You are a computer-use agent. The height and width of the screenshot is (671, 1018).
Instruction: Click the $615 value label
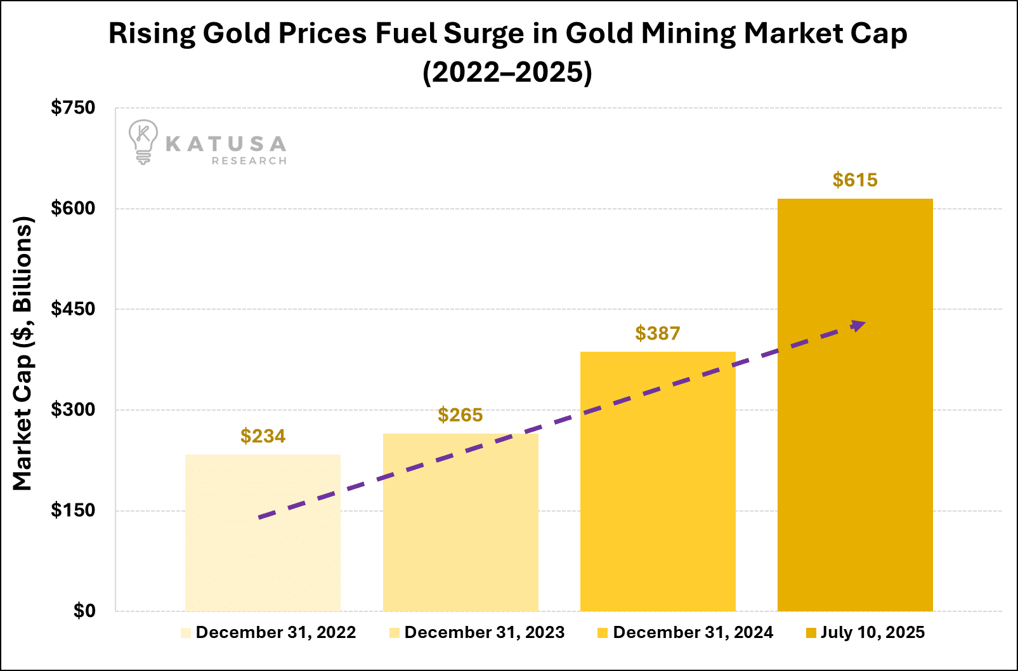point(855,180)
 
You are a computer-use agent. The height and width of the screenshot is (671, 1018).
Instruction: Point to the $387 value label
point(658,333)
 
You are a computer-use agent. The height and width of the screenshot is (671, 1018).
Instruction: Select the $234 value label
point(263,436)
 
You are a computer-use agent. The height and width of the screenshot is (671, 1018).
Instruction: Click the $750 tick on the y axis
point(73,108)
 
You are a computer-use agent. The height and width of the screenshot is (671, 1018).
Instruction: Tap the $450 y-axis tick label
point(73,309)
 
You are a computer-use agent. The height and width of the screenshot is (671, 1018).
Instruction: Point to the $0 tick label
point(84,611)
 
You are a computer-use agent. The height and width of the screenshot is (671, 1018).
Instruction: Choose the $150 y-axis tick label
point(73,510)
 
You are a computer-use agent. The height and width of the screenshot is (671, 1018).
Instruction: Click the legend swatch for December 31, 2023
point(395,633)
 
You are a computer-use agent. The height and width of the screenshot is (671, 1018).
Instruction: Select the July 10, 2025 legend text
point(873,632)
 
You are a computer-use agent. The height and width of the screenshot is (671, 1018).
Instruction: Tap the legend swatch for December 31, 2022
point(186,633)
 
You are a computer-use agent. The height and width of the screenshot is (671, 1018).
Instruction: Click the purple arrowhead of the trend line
point(859,326)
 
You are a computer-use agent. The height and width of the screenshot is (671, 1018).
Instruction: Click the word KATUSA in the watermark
point(226,144)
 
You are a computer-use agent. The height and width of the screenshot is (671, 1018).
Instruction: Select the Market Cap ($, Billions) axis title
point(23,354)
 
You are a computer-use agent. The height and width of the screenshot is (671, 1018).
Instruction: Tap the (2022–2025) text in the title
point(507,72)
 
